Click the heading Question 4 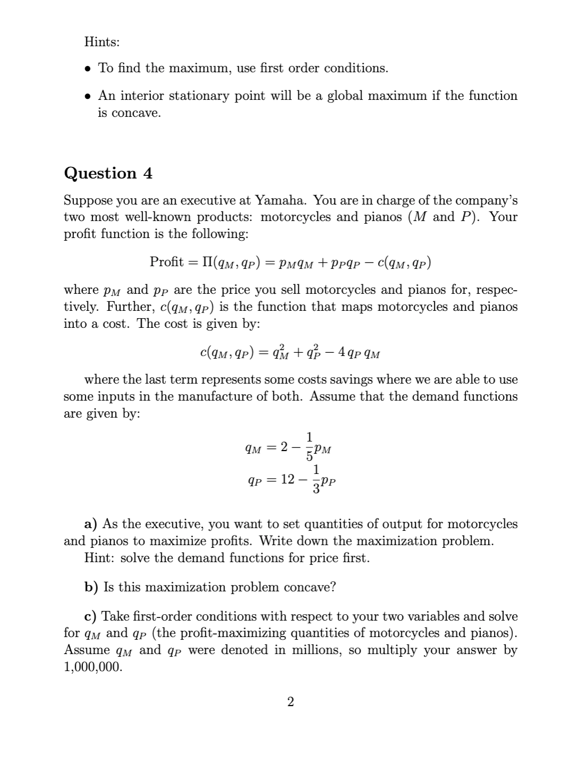108,173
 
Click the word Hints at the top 102,41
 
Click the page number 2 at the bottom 290,702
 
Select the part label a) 91,524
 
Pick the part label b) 91,587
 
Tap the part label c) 91,616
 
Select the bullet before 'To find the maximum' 88,69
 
